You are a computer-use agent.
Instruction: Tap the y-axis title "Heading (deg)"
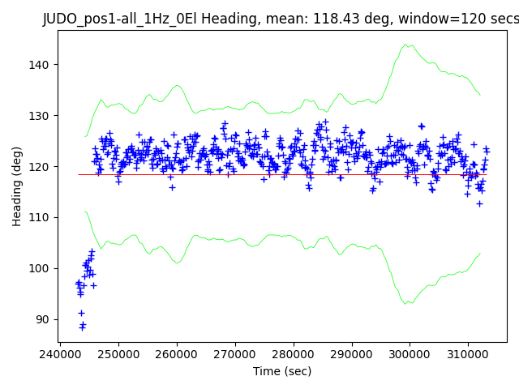click(17, 186)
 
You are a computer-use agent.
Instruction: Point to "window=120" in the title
click(436, 19)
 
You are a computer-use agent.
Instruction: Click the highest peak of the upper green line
click(408, 45)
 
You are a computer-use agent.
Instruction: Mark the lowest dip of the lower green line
click(408, 303)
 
